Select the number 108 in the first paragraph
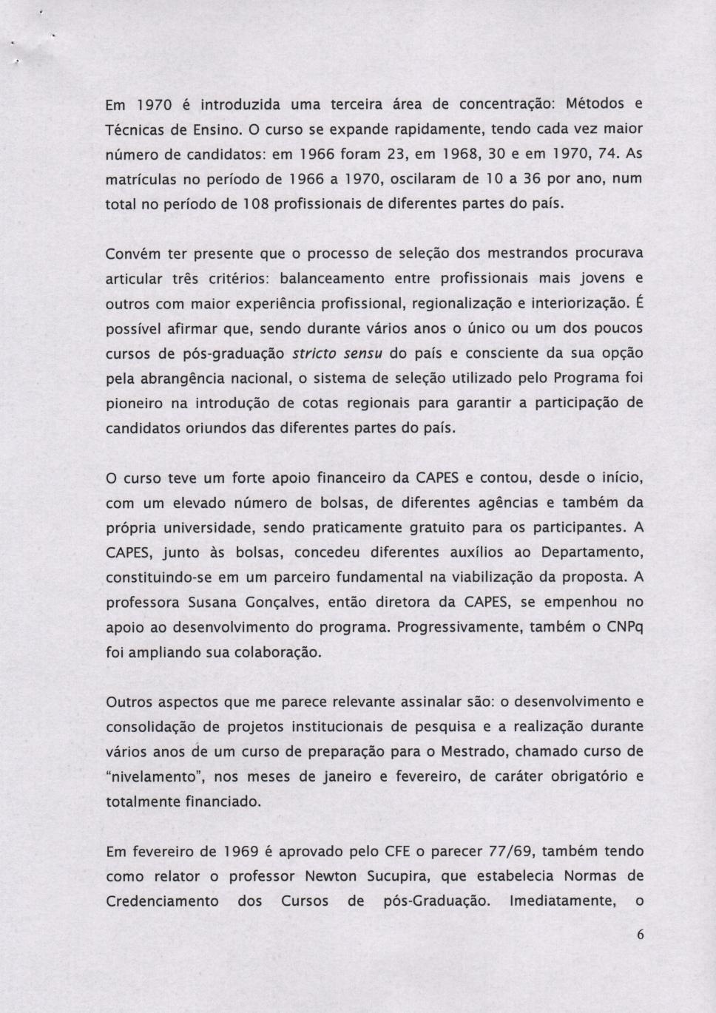coord(249,203)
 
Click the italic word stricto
coord(316,353)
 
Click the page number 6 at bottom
coord(640,935)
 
